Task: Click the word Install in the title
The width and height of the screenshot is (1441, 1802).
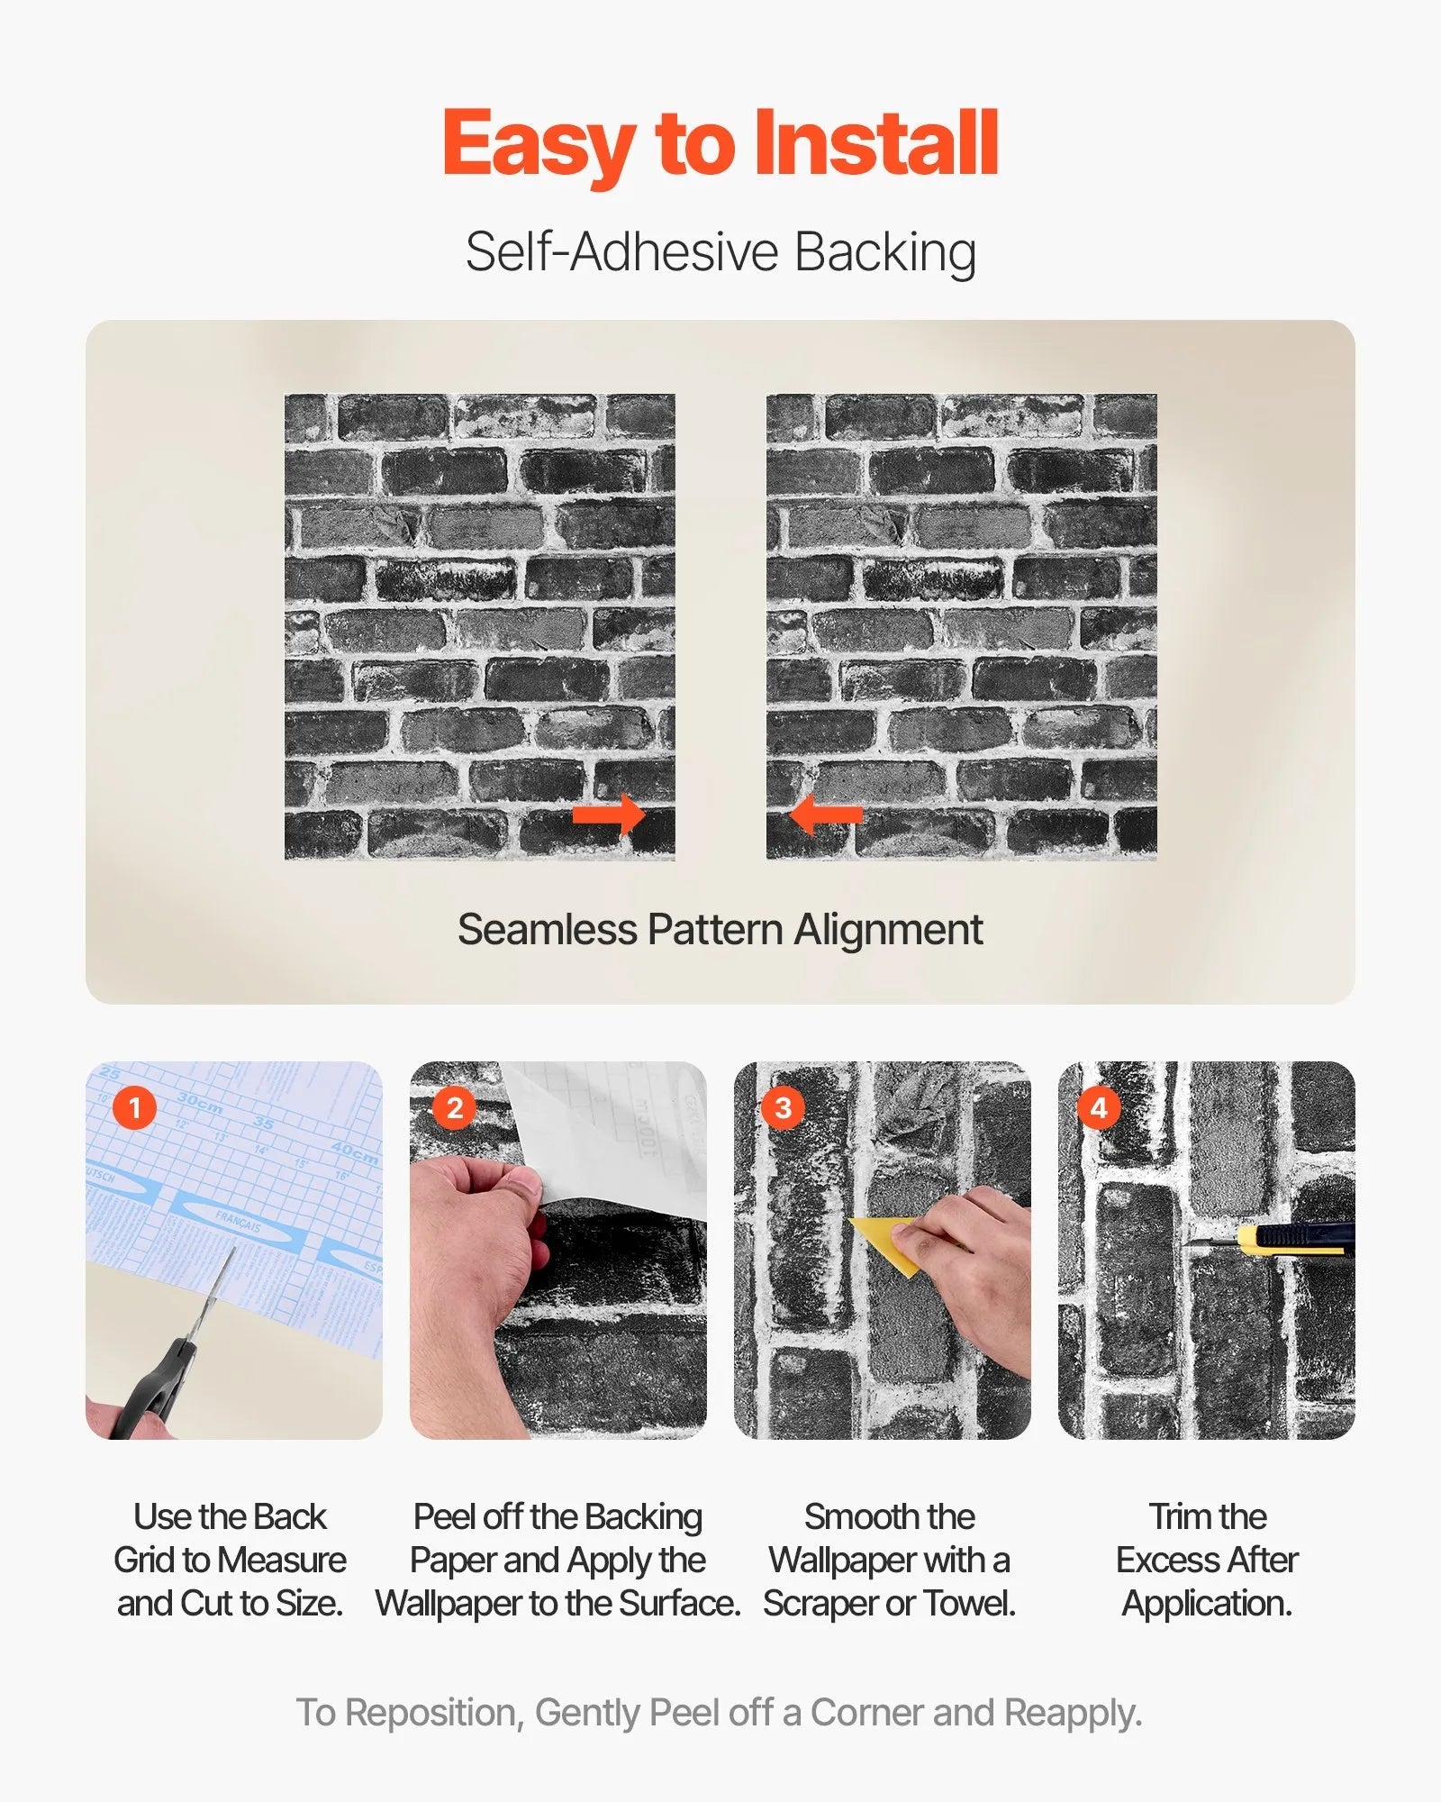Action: click(875, 144)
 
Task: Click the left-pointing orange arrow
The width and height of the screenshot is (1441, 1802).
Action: click(825, 815)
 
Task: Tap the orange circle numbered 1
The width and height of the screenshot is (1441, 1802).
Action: click(135, 1107)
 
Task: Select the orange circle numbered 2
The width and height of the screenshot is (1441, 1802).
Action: click(455, 1107)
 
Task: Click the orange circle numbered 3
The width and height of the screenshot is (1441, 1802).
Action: click(783, 1107)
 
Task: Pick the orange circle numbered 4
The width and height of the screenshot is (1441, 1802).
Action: click(1099, 1107)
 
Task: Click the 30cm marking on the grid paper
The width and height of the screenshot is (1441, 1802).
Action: click(200, 1103)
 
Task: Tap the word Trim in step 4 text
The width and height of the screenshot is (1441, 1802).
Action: click(1176, 1517)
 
